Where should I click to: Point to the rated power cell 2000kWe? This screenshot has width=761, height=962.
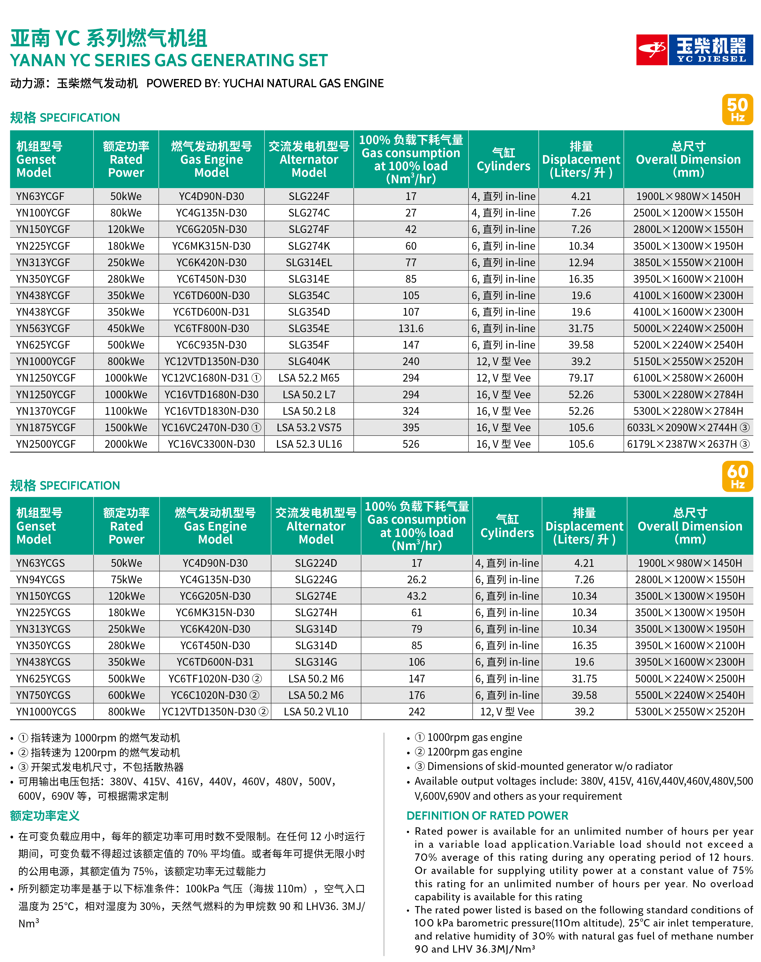[x=126, y=444]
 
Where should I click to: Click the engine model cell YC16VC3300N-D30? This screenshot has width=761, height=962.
[x=211, y=444]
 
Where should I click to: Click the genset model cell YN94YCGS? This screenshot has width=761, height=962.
[x=41, y=579]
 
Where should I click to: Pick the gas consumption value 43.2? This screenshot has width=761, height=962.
[x=416, y=596]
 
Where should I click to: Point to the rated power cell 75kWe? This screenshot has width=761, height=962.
[x=127, y=579]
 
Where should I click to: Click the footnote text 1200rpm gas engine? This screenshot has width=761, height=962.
[x=474, y=752]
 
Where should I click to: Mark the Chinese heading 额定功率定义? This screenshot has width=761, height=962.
[x=45, y=815]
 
